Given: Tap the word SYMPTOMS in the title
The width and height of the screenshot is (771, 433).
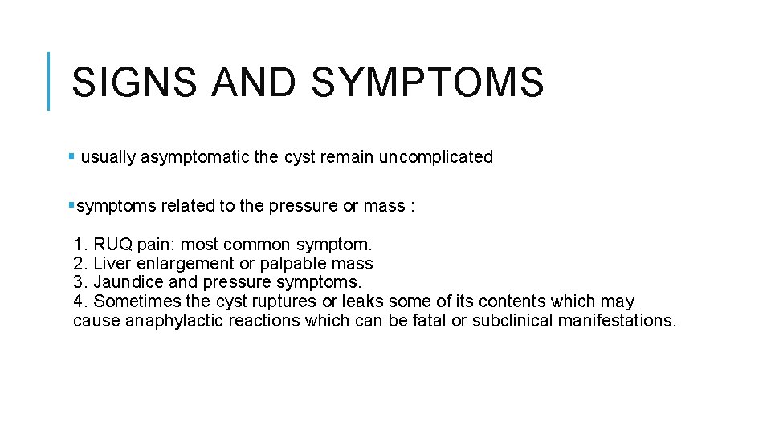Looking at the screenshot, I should (x=426, y=82).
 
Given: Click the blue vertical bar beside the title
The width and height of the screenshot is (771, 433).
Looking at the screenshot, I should (x=49, y=81).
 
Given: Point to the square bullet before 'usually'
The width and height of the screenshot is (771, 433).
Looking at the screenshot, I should (x=72, y=156).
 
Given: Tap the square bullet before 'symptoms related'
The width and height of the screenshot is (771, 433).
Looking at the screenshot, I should (x=72, y=205).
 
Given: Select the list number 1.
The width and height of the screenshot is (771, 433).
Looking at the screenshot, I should (x=78, y=244).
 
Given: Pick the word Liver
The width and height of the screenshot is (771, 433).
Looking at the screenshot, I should (x=111, y=263).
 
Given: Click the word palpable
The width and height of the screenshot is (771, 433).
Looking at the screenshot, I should (x=290, y=263).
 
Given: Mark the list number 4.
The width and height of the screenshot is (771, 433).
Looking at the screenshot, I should (x=78, y=301).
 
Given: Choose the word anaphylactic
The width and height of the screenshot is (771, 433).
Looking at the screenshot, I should (x=159, y=321).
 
